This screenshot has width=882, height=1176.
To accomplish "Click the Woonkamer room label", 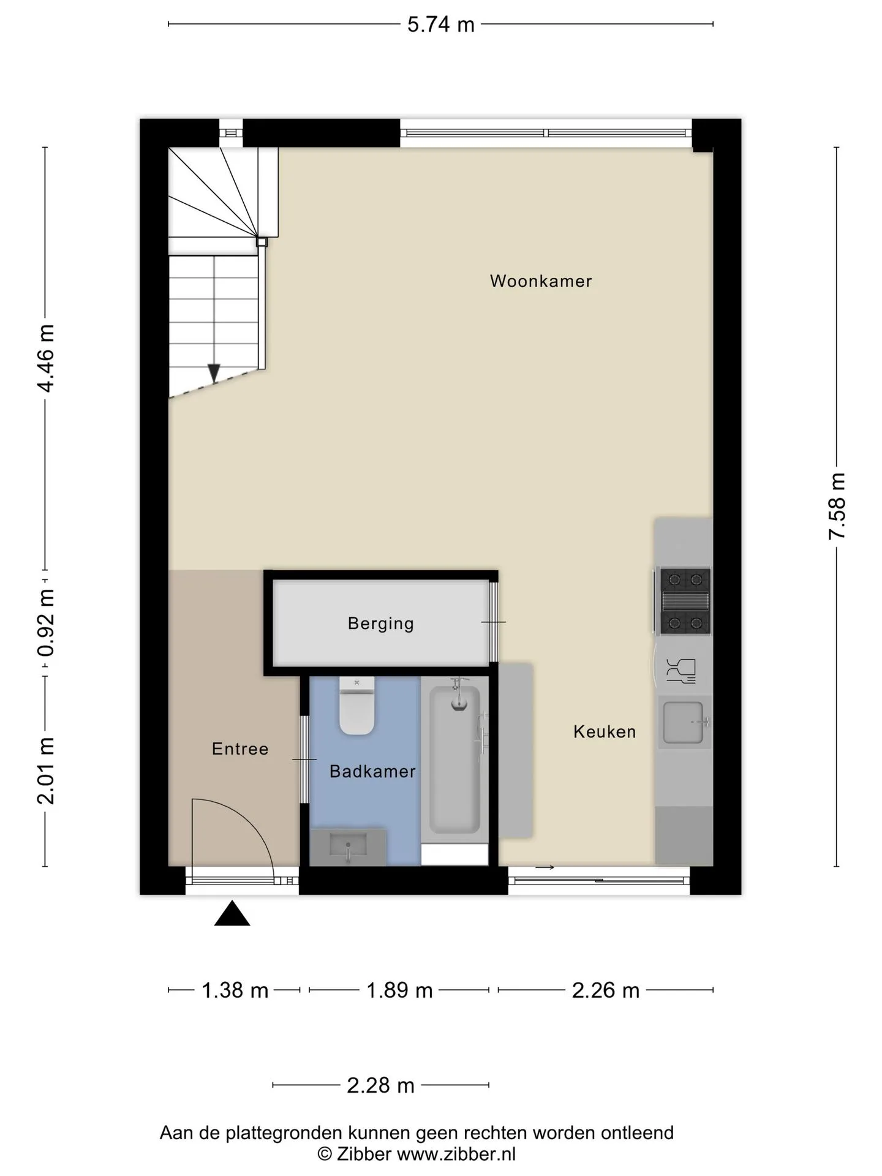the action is pyautogui.click(x=541, y=281).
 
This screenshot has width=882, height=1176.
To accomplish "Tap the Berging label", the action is pyautogui.click(x=381, y=624).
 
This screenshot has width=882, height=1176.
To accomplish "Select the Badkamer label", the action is pyautogui.click(x=372, y=771).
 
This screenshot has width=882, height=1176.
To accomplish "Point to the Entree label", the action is pyautogui.click(x=240, y=748).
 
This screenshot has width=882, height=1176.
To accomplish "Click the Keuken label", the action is pyautogui.click(x=605, y=731).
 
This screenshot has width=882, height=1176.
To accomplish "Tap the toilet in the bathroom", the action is pyautogui.click(x=356, y=706).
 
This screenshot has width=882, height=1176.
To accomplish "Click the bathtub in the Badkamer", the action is pyautogui.click(x=454, y=759).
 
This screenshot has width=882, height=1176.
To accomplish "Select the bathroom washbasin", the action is pyautogui.click(x=348, y=847).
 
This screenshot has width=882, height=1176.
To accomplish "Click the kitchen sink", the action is pyautogui.click(x=685, y=722).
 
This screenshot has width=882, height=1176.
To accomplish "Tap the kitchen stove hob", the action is pyautogui.click(x=685, y=601).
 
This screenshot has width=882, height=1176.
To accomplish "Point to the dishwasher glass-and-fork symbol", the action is pyautogui.click(x=681, y=671).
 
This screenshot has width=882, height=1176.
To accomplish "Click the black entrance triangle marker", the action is pyautogui.click(x=232, y=913).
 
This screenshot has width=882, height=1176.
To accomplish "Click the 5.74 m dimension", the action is pyautogui.click(x=441, y=24).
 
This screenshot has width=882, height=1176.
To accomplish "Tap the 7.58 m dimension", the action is pyautogui.click(x=837, y=507).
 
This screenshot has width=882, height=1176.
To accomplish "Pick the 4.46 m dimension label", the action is pyautogui.click(x=46, y=358).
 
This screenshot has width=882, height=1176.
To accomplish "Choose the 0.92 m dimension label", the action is pyautogui.click(x=46, y=623).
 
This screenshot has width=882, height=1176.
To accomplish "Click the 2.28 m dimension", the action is pyautogui.click(x=380, y=1085).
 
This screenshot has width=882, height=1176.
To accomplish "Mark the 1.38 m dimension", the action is pyautogui.click(x=235, y=990).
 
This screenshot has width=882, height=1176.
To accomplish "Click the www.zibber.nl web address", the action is pyautogui.click(x=456, y=1155).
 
